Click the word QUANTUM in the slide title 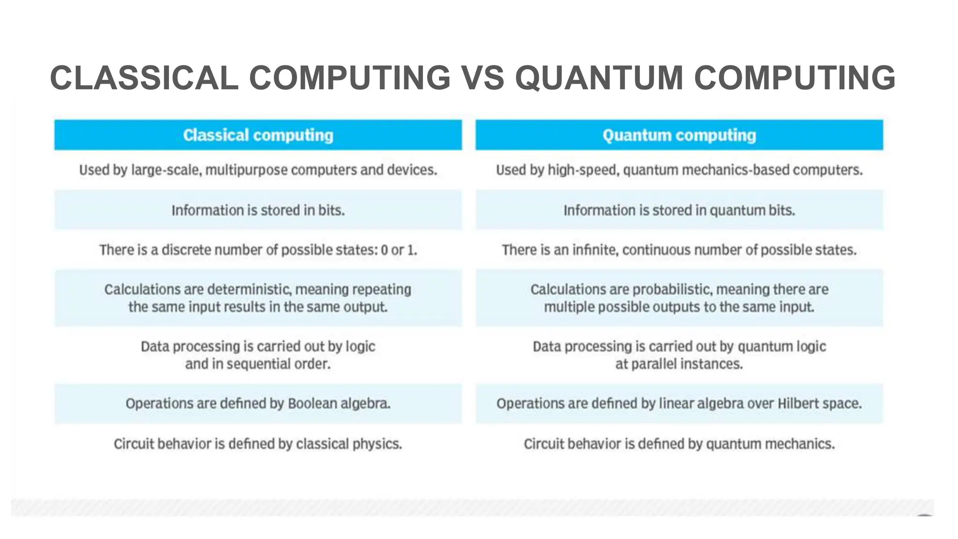599,78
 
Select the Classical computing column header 258,135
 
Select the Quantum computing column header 679,135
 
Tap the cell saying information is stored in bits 258,211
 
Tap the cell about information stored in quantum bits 679,211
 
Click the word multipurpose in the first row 247,170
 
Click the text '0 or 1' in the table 398,250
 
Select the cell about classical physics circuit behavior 258,444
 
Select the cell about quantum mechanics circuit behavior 679,444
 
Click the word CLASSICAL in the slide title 144,78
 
